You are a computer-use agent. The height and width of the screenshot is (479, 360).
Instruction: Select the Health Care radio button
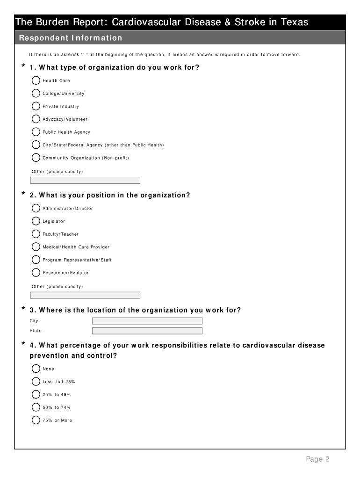click(36, 80)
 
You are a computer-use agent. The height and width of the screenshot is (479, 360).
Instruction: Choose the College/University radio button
click(36, 93)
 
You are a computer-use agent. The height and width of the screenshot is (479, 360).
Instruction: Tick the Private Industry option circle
click(36, 106)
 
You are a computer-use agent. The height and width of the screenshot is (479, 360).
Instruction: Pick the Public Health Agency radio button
click(36, 132)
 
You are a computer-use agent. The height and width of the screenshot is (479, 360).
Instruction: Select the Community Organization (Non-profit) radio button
click(36, 158)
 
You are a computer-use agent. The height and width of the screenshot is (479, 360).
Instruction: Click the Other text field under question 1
click(85, 180)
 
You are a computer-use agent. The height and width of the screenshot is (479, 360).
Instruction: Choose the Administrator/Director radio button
click(36, 208)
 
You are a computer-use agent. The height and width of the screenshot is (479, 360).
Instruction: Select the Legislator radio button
click(36, 221)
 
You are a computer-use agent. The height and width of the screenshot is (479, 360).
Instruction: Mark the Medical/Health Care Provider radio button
click(36, 247)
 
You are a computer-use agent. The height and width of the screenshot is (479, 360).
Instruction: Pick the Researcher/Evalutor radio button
click(36, 272)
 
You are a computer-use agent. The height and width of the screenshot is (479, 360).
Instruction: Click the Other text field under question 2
click(85, 295)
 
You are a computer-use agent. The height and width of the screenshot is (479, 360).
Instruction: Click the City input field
click(147, 321)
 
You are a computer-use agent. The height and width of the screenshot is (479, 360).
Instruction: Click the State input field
click(147, 331)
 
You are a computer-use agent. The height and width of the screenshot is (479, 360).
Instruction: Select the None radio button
click(36, 369)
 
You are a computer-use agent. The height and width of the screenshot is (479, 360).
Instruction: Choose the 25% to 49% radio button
click(36, 394)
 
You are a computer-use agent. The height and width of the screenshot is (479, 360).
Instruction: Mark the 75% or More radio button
click(36, 420)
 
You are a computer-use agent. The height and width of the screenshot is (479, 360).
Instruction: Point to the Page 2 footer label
click(318, 459)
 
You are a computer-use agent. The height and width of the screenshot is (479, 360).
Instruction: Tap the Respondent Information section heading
click(70, 38)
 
